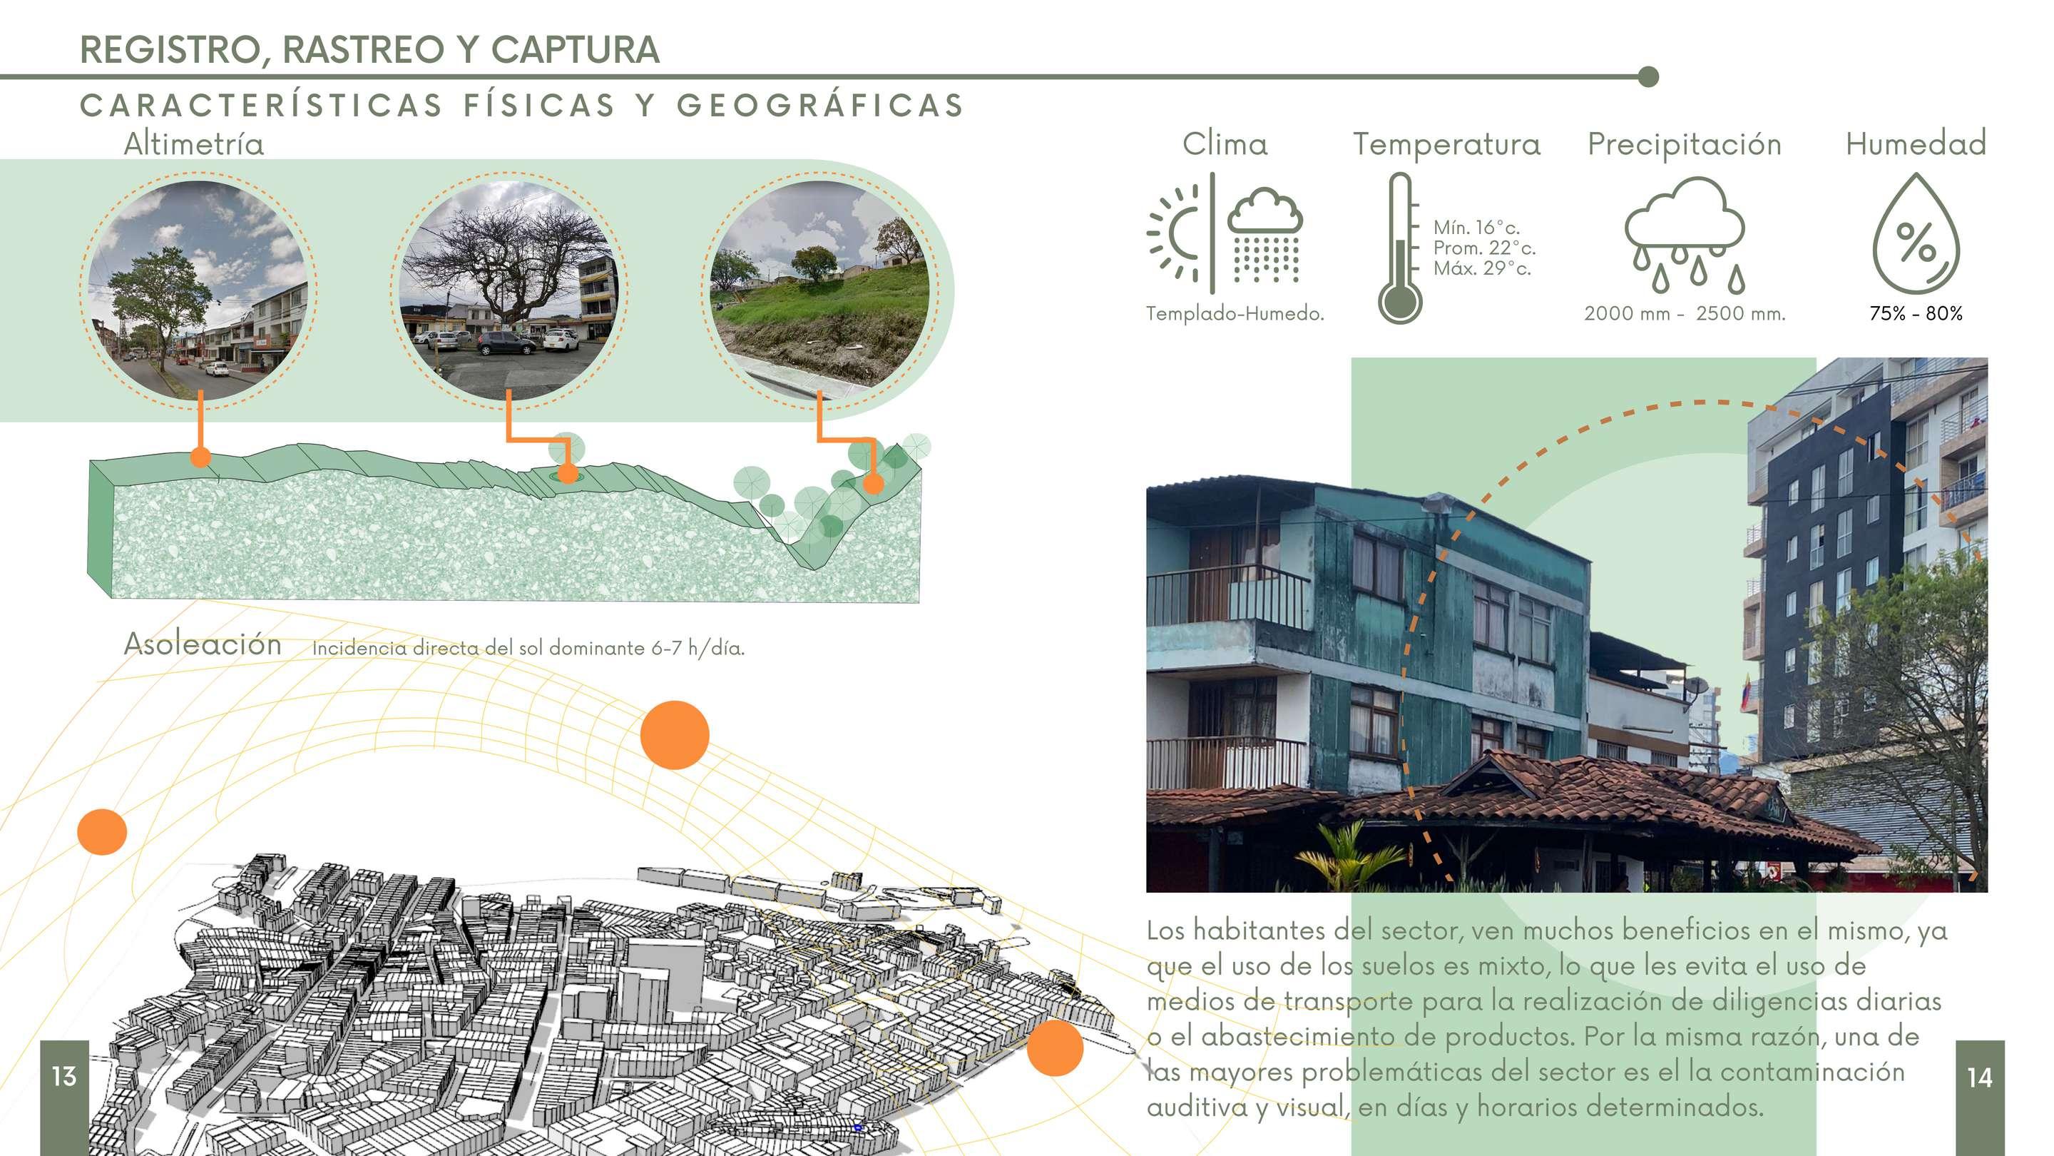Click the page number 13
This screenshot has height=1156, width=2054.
pyautogui.click(x=63, y=1076)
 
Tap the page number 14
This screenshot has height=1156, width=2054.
pyautogui.click(x=1979, y=1078)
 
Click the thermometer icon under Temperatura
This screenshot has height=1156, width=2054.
pyautogui.click(x=1399, y=248)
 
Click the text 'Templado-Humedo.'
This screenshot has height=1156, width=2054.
pyautogui.click(x=1235, y=313)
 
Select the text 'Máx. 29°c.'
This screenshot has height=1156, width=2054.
pyautogui.click(x=1481, y=269)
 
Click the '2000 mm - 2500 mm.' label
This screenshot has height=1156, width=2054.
pyautogui.click(x=1684, y=313)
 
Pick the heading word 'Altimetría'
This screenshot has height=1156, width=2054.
pyautogui.click(x=194, y=144)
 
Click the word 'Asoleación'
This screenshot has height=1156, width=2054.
pyautogui.click(x=203, y=644)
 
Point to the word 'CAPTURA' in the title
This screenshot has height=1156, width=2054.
pyautogui.click(x=574, y=49)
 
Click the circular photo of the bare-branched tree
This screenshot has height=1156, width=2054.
pyautogui.click(x=509, y=290)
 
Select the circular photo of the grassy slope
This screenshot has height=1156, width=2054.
pyautogui.click(x=819, y=290)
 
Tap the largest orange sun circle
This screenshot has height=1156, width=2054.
pyautogui.click(x=675, y=735)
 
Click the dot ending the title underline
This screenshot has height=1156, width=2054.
pyautogui.click(x=1648, y=76)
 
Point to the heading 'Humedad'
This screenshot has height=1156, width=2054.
pyautogui.click(x=1915, y=144)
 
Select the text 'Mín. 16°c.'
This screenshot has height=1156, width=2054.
pyautogui.click(x=1476, y=228)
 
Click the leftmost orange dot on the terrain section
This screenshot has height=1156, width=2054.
pyautogui.click(x=200, y=457)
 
